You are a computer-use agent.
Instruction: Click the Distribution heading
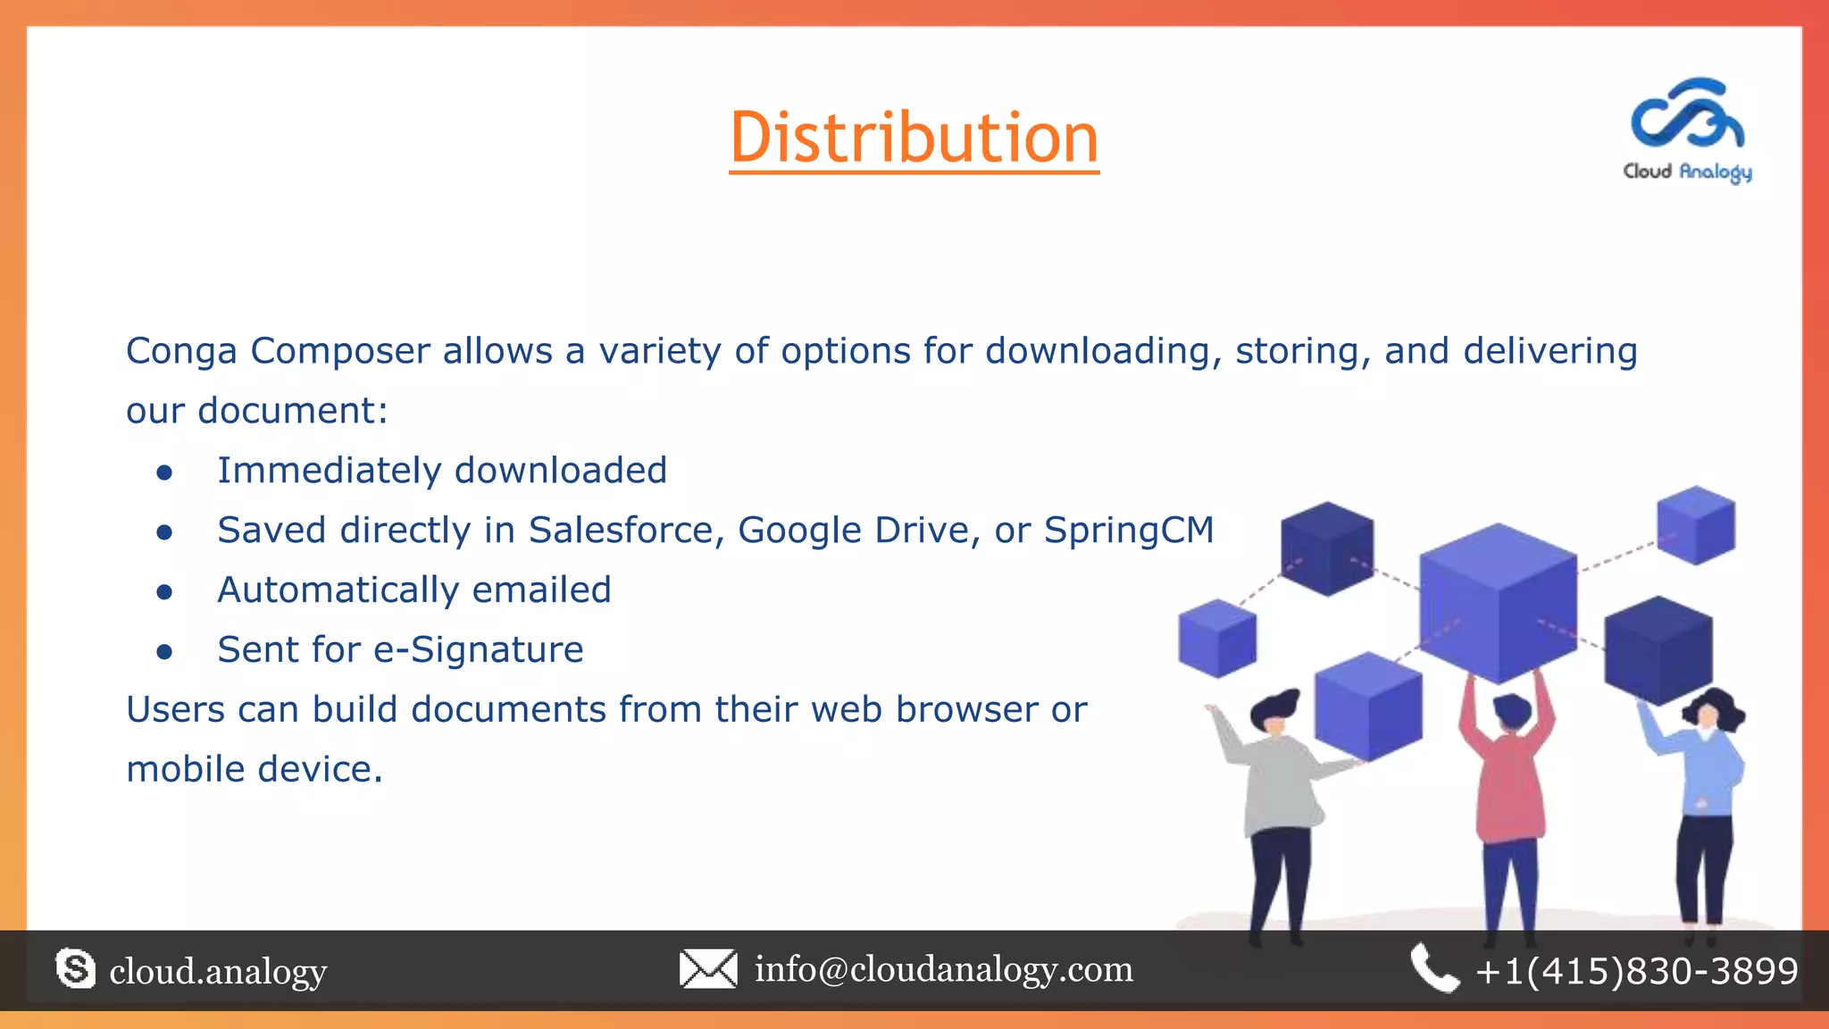tap(914, 138)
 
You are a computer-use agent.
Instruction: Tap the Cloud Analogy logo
tap(1687, 130)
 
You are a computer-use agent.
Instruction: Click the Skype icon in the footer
tap(75, 969)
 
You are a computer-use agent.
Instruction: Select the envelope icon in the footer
tap(708, 969)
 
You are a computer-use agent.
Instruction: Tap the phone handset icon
tap(1434, 969)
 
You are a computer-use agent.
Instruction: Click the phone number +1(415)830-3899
tap(1637, 971)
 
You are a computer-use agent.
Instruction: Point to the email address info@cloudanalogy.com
tap(944, 969)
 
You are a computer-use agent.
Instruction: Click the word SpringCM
tap(1129, 531)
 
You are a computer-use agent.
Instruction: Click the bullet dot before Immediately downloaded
tap(164, 473)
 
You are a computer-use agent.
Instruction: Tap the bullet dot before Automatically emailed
tap(164, 592)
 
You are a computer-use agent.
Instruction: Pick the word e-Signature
tap(479, 650)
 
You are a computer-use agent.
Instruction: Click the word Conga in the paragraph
tap(181, 352)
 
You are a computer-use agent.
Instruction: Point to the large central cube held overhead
tap(1498, 603)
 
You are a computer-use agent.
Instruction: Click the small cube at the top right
tap(1696, 525)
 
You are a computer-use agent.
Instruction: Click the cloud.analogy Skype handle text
tap(218, 971)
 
